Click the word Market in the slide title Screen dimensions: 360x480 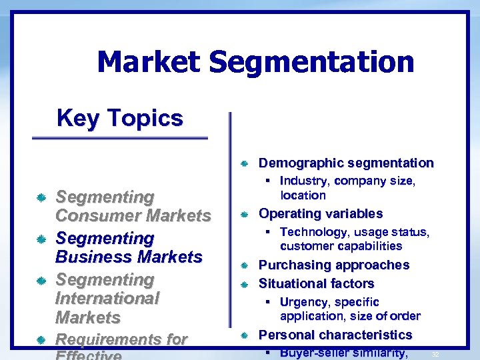(x=148, y=62)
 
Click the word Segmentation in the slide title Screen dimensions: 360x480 (x=311, y=62)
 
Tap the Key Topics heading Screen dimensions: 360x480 (x=120, y=118)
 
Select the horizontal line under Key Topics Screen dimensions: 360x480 (x=120, y=138)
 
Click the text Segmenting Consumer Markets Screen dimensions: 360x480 (x=133, y=206)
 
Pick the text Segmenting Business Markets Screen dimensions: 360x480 (x=129, y=247)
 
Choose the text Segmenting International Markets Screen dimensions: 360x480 (x=107, y=298)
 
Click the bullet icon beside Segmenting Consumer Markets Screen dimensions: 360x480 (x=41, y=198)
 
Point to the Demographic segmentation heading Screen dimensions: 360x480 (x=345, y=163)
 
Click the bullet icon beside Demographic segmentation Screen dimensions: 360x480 (x=245, y=163)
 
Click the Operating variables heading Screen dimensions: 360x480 (x=321, y=213)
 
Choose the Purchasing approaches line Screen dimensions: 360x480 (x=334, y=265)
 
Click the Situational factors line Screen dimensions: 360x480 (x=316, y=283)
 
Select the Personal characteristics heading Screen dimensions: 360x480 (x=335, y=335)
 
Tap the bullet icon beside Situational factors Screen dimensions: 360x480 (x=245, y=284)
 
